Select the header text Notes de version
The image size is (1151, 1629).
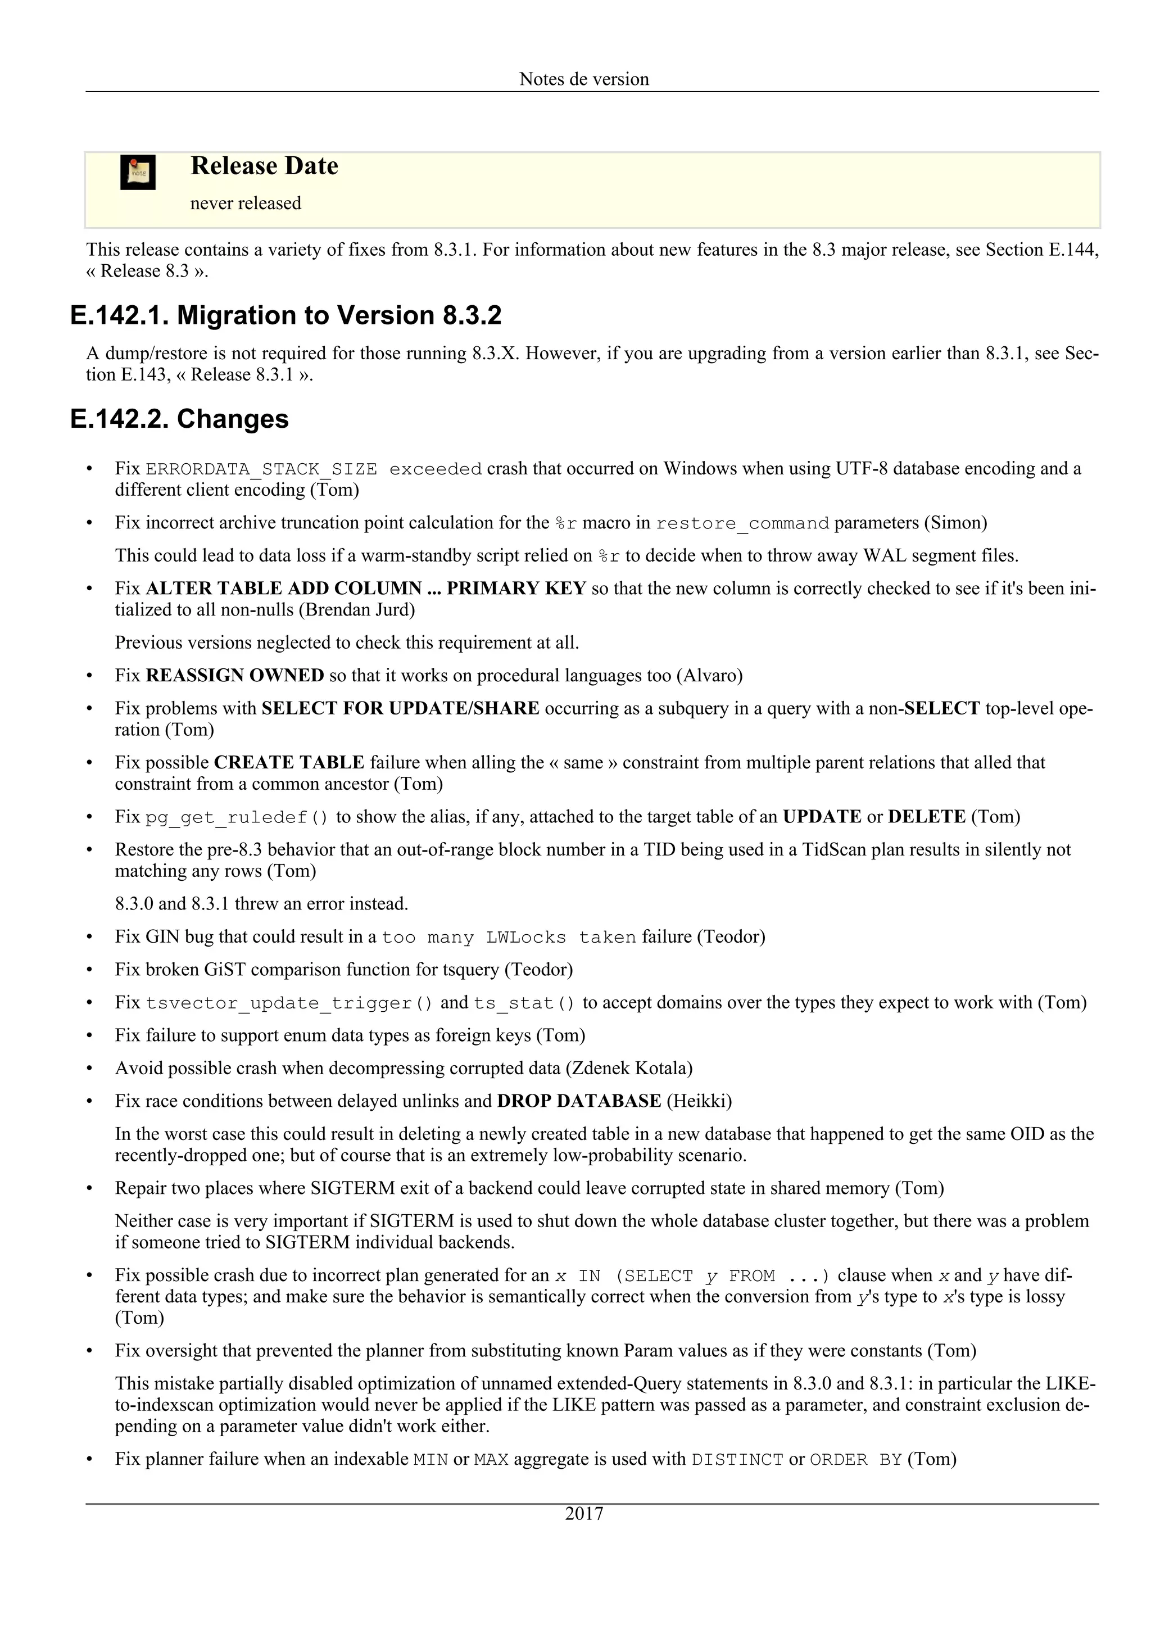click(584, 79)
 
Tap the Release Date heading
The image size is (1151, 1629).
click(264, 166)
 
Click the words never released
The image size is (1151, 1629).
click(246, 203)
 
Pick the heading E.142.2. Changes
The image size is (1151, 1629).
click(179, 419)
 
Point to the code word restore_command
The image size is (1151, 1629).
click(742, 524)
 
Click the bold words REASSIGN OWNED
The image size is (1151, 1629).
click(235, 676)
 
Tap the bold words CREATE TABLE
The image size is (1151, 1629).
click(289, 763)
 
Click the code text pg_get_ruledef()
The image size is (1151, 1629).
click(237, 817)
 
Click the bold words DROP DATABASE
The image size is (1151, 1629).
click(579, 1101)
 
